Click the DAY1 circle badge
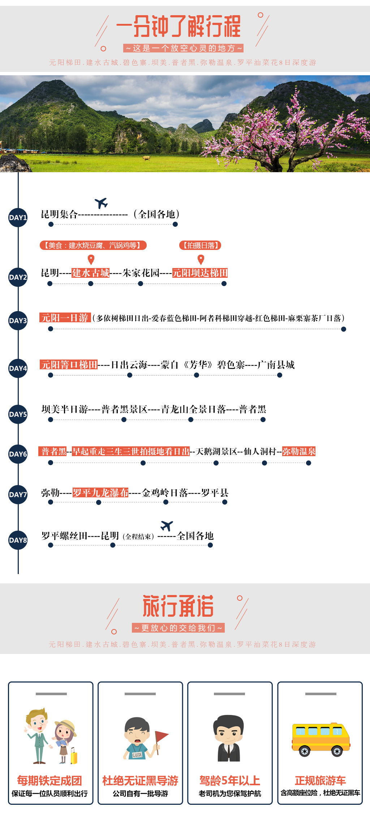(x=18, y=217)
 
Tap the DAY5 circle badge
(x=18, y=414)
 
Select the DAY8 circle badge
(x=18, y=540)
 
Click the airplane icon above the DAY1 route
(x=101, y=203)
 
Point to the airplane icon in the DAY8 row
(x=167, y=526)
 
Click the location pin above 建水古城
(x=91, y=259)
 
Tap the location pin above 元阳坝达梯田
(x=201, y=259)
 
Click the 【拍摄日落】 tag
(x=200, y=246)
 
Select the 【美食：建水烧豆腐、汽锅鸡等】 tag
(x=93, y=246)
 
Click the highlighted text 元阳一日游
(x=65, y=318)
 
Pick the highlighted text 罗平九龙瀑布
(x=100, y=493)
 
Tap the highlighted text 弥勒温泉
(x=299, y=451)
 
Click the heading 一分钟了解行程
(x=178, y=26)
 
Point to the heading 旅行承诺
(x=178, y=606)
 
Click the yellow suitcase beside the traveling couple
(x=74, y=756)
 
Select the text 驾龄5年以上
(x=230, y=781)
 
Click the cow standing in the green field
(x=146, y=158)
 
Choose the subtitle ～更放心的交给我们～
(x=178, y=628)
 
